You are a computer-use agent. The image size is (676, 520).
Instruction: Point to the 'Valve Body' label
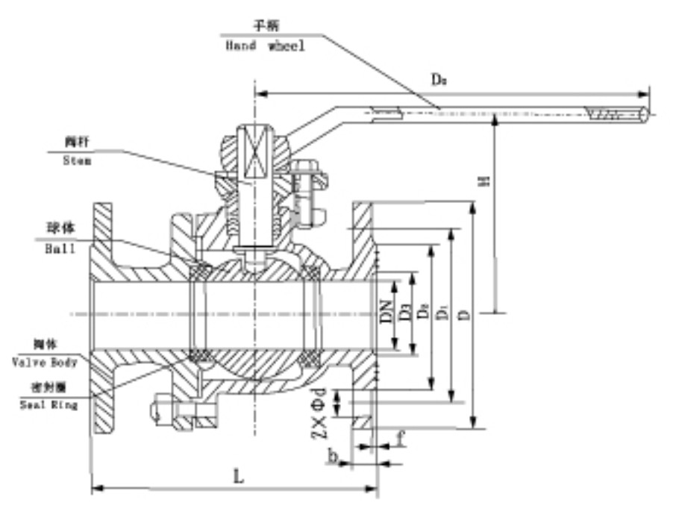46,362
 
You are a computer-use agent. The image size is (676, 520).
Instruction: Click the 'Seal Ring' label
48,404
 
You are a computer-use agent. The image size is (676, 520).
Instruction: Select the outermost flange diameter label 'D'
463,316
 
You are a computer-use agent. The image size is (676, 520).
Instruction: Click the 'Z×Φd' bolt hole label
319,413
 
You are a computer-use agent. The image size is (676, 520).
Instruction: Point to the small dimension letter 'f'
401,439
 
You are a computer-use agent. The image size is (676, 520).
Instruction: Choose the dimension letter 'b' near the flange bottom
335,453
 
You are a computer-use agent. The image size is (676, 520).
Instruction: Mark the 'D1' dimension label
443,316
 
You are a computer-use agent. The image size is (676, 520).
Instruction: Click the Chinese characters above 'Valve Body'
46,344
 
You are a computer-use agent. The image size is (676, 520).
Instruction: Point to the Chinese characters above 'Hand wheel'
264,26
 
